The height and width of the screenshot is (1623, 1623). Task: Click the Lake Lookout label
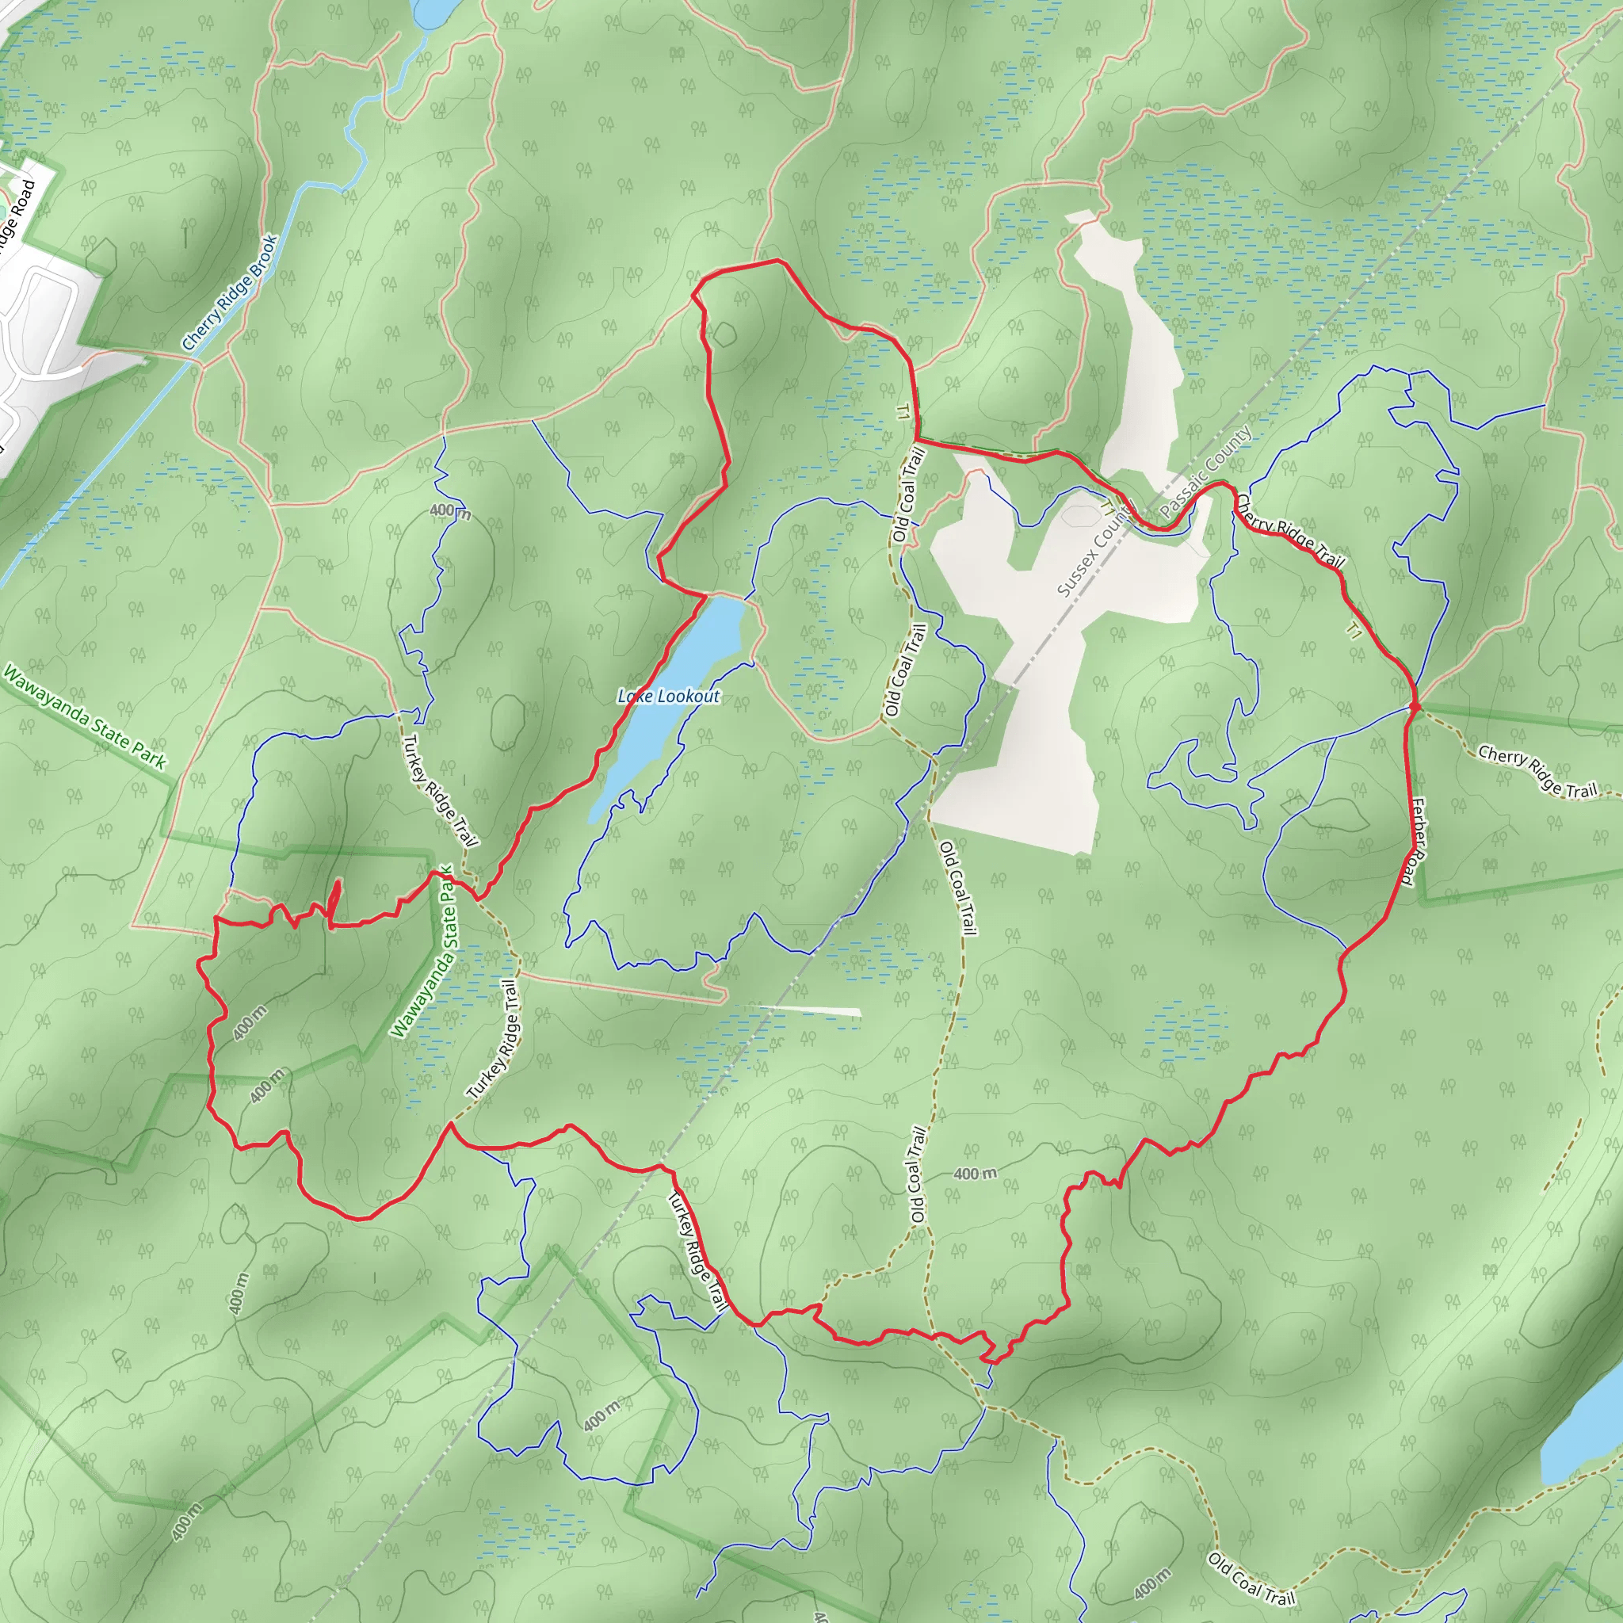click(x=669, y=697)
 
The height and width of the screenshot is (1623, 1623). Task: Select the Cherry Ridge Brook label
click(x=230, y=293)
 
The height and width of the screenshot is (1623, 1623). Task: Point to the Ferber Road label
click(x=1417, y=842)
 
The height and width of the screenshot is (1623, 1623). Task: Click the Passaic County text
click(x=1206, y=472)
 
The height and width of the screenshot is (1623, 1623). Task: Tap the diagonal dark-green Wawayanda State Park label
click(x=85, y=716)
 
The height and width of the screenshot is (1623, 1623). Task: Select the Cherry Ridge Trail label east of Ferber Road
click(x=1537, y=771)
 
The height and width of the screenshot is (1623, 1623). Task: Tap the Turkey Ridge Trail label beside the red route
click(x=697, y=1251)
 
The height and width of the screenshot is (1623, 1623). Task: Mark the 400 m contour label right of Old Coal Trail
click(x=976, y=1174)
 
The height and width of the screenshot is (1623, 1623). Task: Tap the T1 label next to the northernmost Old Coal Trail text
click(x=902, y=411)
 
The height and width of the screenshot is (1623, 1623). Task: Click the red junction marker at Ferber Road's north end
click(x=1415, y=708)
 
